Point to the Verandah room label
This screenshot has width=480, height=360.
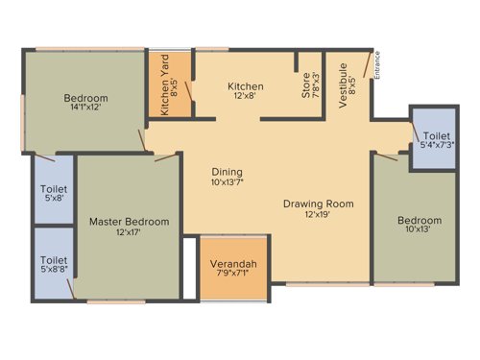click(x=233, y=264)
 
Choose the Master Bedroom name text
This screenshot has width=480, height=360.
click(x=129, y=222)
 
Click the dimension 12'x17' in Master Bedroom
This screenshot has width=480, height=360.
click(x=129, y=233)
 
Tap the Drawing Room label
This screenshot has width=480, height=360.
click(x=319, y=204)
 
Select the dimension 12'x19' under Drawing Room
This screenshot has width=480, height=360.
click(x=319, y=215)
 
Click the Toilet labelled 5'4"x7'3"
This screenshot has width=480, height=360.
click(x=437, y=142)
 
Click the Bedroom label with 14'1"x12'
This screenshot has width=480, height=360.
click(x=85, y=98)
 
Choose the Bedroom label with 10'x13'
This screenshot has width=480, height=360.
click(x=420, y=221)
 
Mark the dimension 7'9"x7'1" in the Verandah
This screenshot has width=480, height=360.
click(x=233, y=276)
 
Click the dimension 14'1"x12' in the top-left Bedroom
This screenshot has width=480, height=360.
click(x=85, y=108)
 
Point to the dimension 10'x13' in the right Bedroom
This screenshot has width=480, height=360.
click(x=420, y=231)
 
